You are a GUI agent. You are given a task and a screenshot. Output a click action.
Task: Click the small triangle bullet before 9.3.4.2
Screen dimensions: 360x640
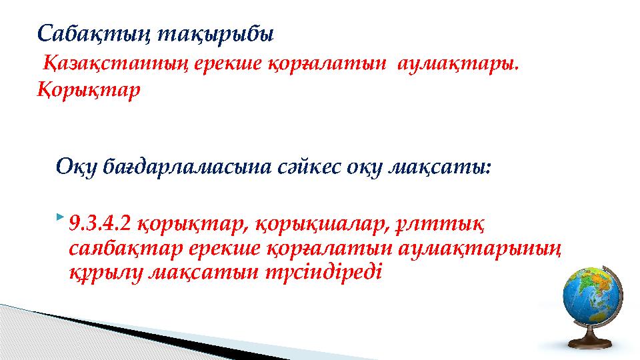tap(61, 217)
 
